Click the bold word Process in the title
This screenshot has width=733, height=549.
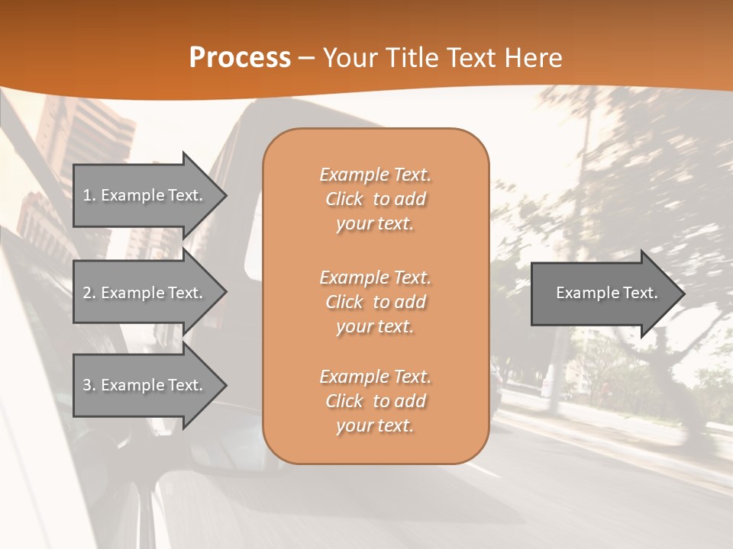240,58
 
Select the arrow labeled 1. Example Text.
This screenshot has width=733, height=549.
143,195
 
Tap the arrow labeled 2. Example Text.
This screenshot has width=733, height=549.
143,293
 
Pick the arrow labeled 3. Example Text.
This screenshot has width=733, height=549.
143,385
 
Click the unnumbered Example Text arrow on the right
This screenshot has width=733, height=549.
606,293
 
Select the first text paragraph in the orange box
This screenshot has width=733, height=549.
375,199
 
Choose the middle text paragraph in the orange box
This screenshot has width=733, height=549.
375,302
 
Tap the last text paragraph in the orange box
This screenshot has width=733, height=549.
375,401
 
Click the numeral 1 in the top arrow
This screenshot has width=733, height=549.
87,195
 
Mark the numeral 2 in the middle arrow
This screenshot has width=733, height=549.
87,293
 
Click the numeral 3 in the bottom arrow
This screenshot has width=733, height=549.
87,385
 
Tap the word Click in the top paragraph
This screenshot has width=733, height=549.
344,199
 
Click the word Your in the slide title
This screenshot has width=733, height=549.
350,58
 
